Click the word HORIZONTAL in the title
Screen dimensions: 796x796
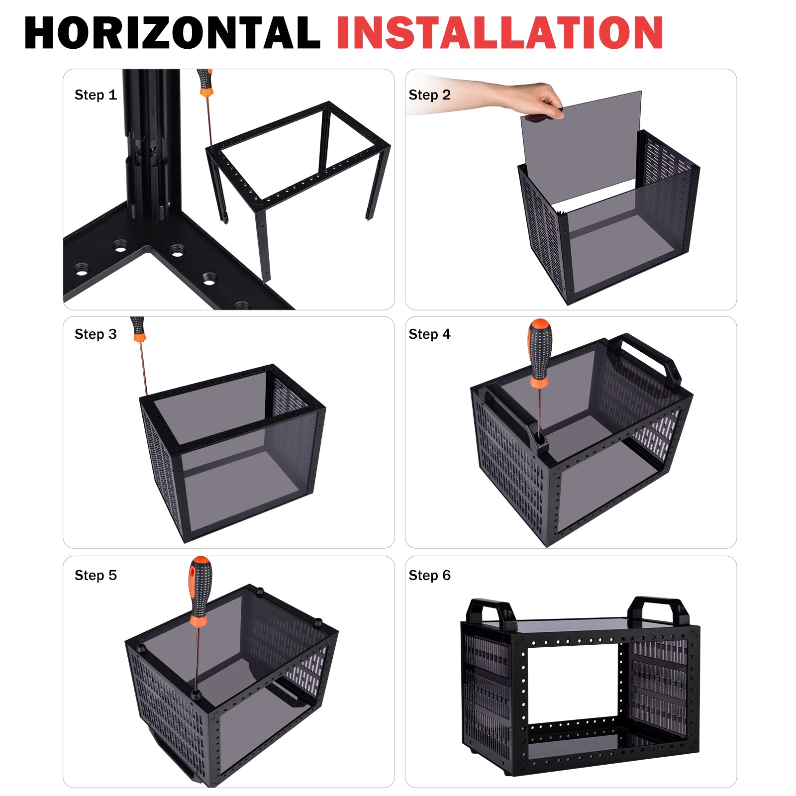172,33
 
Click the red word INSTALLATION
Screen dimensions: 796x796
500,33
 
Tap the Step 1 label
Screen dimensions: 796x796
96,95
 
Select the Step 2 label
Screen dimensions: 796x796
429,95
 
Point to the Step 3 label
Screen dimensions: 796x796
96,334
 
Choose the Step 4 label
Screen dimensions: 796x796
429,334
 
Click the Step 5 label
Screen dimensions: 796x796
96,575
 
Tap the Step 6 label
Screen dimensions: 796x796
429,575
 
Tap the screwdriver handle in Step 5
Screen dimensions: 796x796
200,592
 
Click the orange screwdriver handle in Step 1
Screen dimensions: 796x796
204,83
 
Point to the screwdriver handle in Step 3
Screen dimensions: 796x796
138,329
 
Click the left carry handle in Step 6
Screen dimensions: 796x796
491,609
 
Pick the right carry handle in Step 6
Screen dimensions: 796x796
658,607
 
